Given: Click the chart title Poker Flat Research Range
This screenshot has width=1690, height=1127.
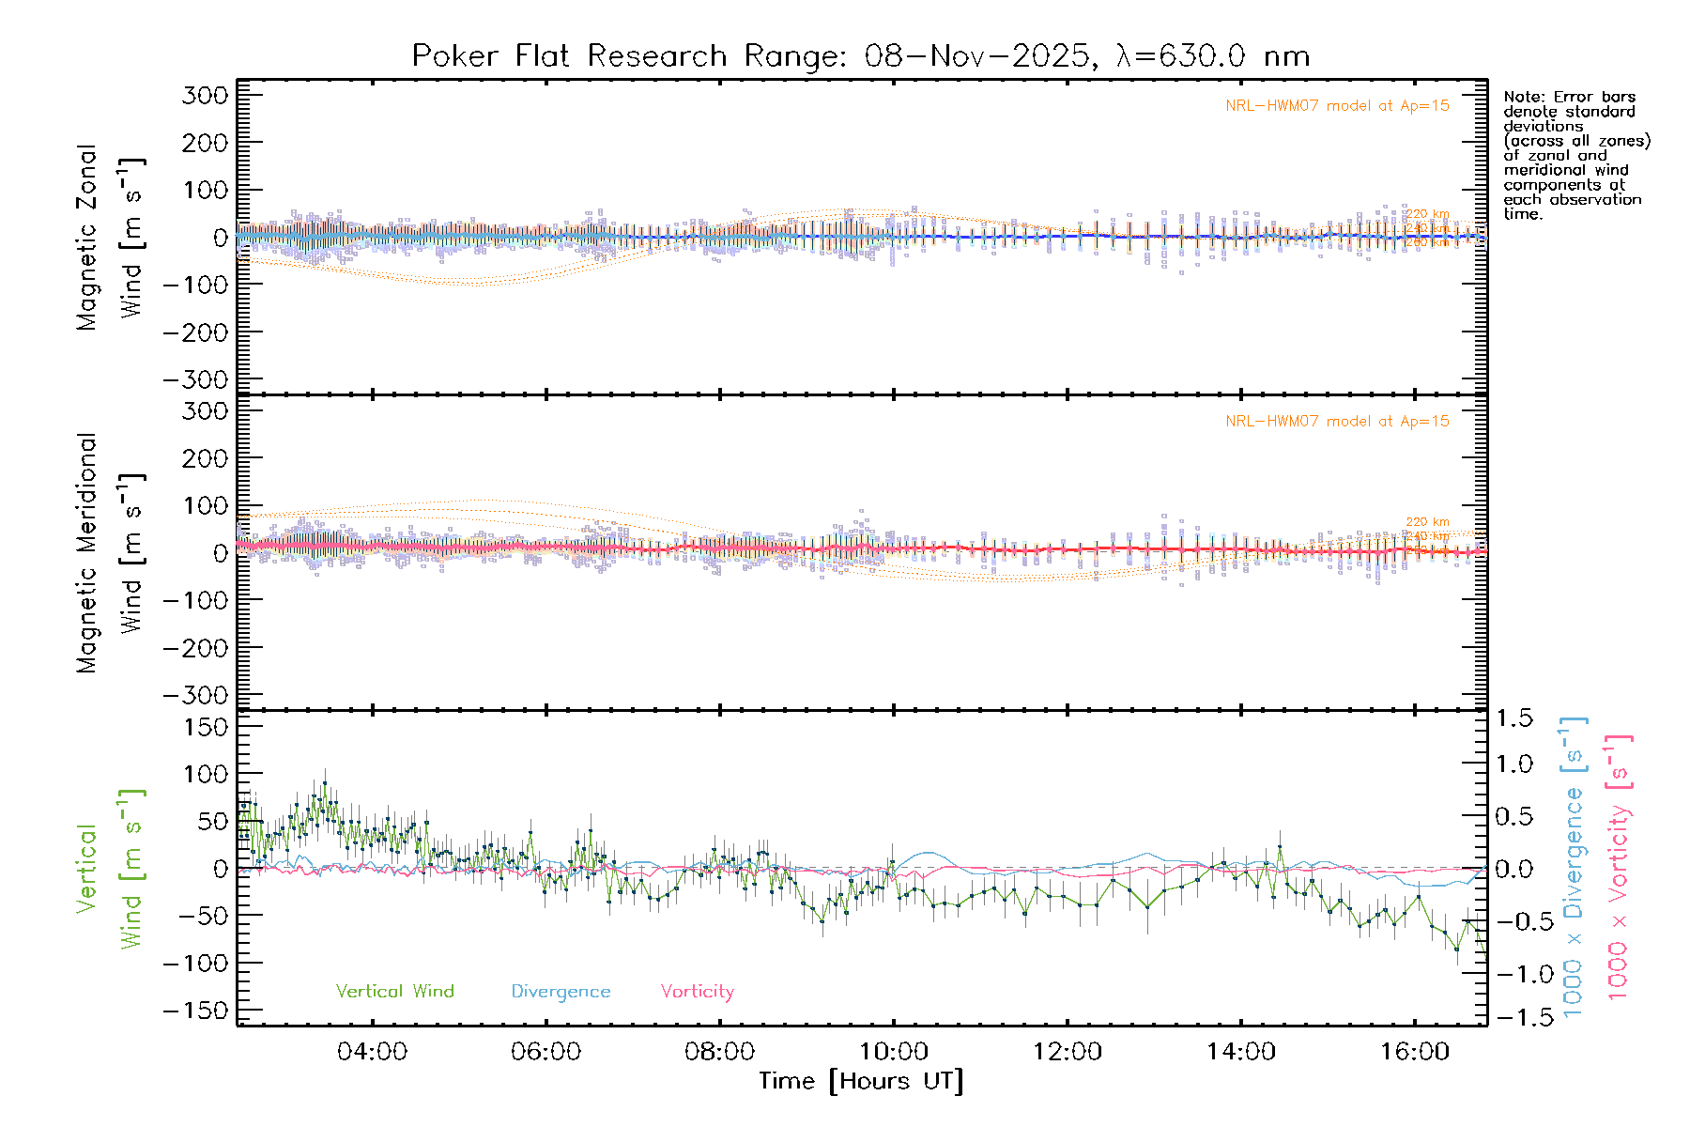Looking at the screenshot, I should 860,56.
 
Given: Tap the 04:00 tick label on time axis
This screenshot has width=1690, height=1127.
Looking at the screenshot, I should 372,1052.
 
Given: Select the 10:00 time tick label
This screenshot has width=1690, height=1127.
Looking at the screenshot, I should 894,1052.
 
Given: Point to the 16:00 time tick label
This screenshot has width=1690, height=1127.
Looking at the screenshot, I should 1415,1052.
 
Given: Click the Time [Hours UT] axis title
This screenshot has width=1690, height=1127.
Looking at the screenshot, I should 861,1082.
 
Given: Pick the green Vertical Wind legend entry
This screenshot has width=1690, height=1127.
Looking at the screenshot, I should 394,992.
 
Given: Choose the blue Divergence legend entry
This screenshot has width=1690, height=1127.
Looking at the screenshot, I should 561,992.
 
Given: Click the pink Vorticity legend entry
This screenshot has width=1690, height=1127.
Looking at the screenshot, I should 697,992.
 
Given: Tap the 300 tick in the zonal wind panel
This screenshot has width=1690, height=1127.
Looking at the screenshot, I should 205,95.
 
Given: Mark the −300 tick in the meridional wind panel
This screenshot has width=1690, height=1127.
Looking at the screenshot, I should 196,696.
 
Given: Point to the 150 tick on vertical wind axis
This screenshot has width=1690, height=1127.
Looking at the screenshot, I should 205,727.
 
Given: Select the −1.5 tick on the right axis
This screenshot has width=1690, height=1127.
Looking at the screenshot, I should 1513,1017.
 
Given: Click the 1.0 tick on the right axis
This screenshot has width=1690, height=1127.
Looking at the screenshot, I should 1514,764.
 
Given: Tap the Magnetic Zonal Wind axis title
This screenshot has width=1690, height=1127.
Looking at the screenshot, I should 111,238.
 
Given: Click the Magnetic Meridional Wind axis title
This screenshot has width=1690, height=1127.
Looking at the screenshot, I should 111,553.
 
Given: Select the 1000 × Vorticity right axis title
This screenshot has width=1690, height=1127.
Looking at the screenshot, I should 1619,868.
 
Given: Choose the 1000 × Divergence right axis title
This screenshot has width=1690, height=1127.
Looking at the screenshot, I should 1573,868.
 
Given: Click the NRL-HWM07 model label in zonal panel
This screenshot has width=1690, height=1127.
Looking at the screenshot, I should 1337,106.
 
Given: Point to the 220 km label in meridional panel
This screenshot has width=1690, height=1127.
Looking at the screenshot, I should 1427,522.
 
